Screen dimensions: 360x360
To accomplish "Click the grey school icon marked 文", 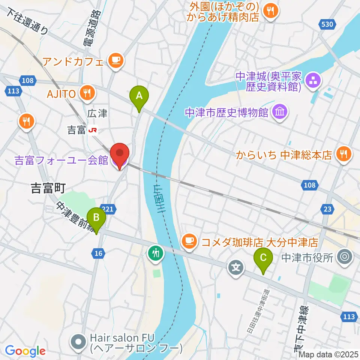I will point(236,267).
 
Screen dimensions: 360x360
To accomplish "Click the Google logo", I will point(25,351).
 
